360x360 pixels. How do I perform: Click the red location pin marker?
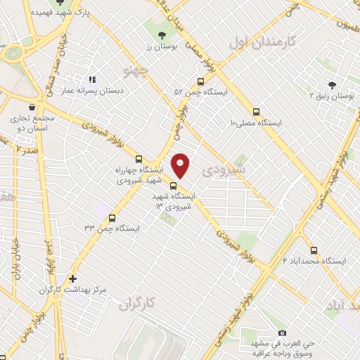(x=181, y=165)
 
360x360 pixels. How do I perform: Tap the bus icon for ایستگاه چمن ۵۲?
(x=201, y=82)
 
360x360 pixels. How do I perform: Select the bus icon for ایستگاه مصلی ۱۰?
(x=255, y=112)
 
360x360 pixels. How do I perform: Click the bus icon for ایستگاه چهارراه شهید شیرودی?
(x=138, y=159)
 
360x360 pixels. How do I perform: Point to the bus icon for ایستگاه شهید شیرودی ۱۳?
(x=174, y=186)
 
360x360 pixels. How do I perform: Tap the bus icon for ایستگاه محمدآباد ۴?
(x=314, y=250)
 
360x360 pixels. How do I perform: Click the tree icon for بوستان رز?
(x=163, y=34)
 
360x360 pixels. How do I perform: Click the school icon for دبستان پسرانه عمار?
(x=91, y=79)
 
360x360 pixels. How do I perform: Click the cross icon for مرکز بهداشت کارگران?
(x=72, y=278)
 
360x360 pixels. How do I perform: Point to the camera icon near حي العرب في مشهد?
(x=282, y=332)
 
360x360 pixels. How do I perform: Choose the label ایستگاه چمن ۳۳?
(x=112, y=229)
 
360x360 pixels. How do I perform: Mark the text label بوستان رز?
(x=163, y=46)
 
